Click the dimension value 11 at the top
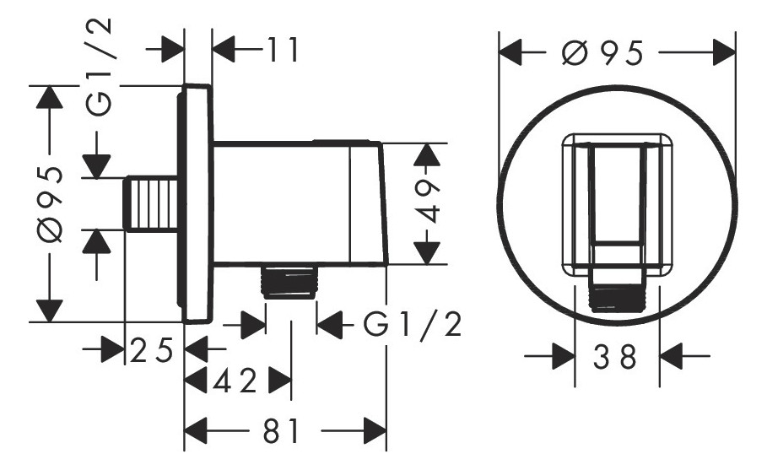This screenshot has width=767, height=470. click(x=283, y=50)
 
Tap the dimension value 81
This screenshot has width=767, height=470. click(x=281, y=431)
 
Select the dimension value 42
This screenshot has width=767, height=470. click(x=235, y=381)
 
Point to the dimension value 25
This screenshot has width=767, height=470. click(x=152, y=349)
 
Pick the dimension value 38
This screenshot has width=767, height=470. click(x=615, y=357)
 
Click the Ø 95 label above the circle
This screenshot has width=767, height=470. click(x=602, y=52)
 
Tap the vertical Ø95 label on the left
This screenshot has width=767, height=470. click(x=50, y=204)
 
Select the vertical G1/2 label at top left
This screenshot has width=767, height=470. click(x=100, y=68)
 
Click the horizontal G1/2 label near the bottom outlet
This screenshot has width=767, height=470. click(x=413, y=324)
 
